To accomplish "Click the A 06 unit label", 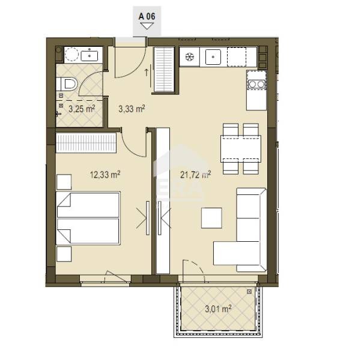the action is coord(147,17).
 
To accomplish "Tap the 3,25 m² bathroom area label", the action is coord(82,109).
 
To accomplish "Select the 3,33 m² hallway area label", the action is coord(132,109).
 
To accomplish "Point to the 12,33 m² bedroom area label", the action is coord(105,175).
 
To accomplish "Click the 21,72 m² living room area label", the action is coord(196,175).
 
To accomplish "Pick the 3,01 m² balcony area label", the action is coord(218,309).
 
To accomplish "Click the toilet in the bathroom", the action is coord(67,84).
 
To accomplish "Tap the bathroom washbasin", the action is coord(89,56).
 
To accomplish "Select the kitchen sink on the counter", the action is coord(213,57).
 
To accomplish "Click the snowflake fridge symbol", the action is coord(190,57).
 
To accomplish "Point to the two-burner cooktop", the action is coord(256,85).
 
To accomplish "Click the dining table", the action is coord(241,149).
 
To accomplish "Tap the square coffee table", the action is coord(211,218).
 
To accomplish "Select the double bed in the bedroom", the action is coord(88,218).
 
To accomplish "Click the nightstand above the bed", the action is coord(64,182).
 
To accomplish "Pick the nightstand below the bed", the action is coord(64,254).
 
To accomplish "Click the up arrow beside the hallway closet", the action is coord(147,72).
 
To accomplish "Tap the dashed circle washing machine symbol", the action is coord(72,55).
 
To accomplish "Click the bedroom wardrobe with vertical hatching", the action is coord(86,143).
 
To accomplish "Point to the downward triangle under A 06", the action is coord(147,26).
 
